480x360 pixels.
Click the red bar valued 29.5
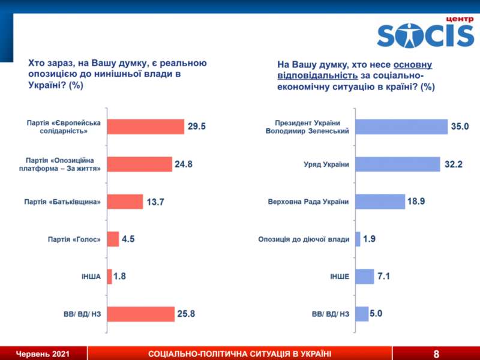pos(146,127)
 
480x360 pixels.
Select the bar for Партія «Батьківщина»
pos(125,202)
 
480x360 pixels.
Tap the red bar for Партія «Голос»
pos(113,239)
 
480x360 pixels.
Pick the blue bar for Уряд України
pos(397,164)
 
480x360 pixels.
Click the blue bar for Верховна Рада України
pos(380,202)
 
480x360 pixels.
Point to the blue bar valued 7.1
pos(364,277)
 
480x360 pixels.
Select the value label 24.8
pos(184,164)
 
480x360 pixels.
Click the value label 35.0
pos(460,127)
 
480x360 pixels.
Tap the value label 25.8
pos(187,314)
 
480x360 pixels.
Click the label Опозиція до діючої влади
pos(304,239)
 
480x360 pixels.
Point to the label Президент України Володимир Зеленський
pos(307,127)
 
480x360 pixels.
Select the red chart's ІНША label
pos(91,277)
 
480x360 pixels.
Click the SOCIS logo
pos(425,35)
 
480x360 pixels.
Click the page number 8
pos(436,353)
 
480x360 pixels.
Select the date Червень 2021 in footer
pos(43,353)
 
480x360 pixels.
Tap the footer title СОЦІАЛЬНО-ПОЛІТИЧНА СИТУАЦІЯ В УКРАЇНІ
pos(240,353)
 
